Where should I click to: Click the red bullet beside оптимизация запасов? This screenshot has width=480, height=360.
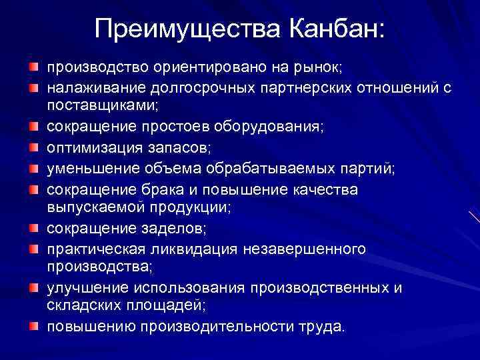click(33, 143)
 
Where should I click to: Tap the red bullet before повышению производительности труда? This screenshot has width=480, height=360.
click(33, 327)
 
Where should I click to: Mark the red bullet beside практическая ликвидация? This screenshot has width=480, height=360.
click(33, 248)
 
